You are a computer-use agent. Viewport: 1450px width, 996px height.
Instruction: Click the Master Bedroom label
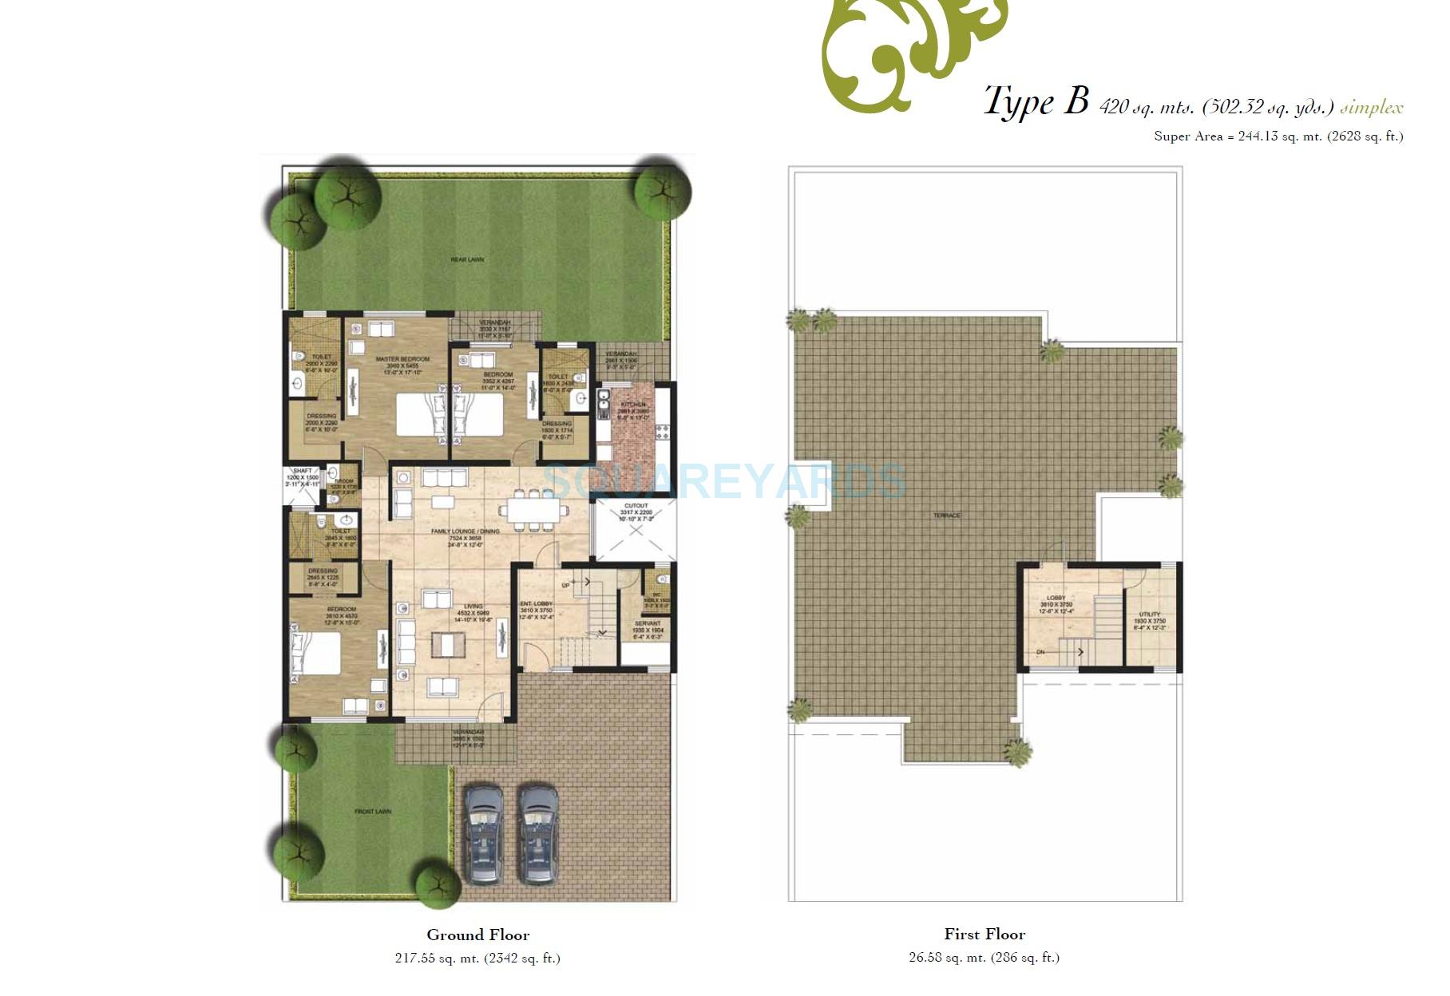tap(402, 359)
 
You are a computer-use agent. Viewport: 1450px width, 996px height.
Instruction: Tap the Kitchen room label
tap(632, 405)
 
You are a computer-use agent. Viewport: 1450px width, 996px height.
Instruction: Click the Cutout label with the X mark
tap(636, 506)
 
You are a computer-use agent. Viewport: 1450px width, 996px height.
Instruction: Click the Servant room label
tap(647, 623)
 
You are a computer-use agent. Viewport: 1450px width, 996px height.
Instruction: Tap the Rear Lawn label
tap(467, 259)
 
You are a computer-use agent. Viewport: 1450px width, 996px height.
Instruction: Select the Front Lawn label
tap(373, 812)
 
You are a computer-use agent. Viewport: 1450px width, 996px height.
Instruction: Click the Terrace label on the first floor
tap(946, 516)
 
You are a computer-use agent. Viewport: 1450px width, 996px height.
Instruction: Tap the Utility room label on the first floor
tap(1149, 615)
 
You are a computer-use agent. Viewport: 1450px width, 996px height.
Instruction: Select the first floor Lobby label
tap(1056, 598)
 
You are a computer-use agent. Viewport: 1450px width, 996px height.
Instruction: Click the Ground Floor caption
tap(477, 935)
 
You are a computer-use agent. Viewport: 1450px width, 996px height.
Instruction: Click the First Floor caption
tap(984, 934)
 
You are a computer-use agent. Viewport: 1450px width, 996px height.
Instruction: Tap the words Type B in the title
tap(1036, 102)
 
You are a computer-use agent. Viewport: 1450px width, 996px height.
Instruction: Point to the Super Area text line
tap(1278, 136)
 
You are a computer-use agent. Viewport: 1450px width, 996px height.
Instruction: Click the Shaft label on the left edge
tap(302, 472)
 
